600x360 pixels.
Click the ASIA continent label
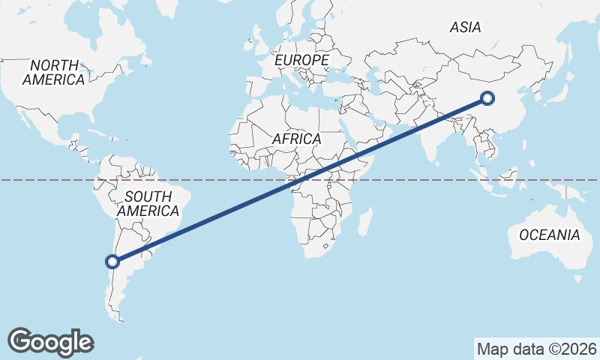click(465, 28)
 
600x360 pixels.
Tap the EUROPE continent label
click(301, 59)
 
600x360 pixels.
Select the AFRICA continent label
click(296, 139)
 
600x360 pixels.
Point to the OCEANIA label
click(550, 235)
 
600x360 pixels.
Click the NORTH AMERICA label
click(53, 73)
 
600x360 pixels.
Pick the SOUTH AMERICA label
click(148, 204)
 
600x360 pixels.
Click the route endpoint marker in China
click(487, 97)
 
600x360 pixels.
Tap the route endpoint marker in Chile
click(112, 262)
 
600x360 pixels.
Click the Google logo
click(50, 342)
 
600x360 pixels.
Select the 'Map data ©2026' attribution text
click(536, 349)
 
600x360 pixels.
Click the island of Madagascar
click(364, 223)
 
